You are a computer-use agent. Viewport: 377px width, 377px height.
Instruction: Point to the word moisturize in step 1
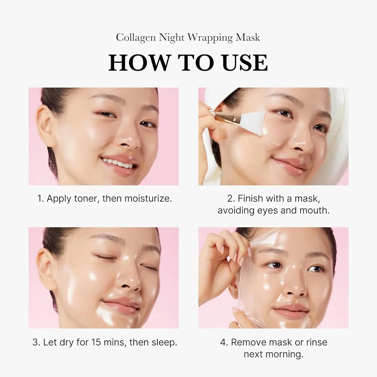(148, 199)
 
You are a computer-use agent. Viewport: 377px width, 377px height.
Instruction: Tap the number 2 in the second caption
(230, 199)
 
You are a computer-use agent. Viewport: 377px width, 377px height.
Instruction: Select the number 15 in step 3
(96, 342)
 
